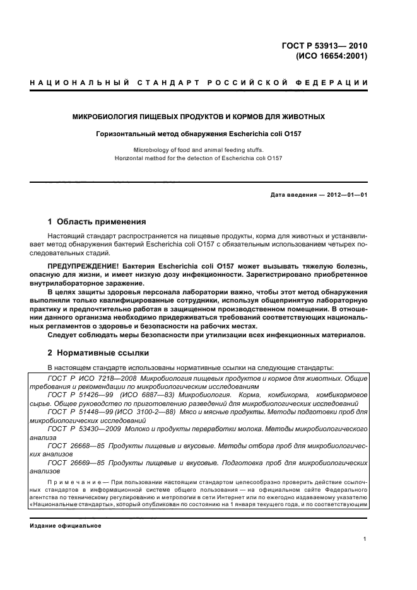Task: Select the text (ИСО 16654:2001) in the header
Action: pyautogui.click(x=331, y=55)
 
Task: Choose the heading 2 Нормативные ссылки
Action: pyautogui.click(x=98, y=353)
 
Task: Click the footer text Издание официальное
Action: pyautogui.click(x=65, y=525)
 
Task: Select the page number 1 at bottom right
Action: pyautogui.click(x=365, y=539)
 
